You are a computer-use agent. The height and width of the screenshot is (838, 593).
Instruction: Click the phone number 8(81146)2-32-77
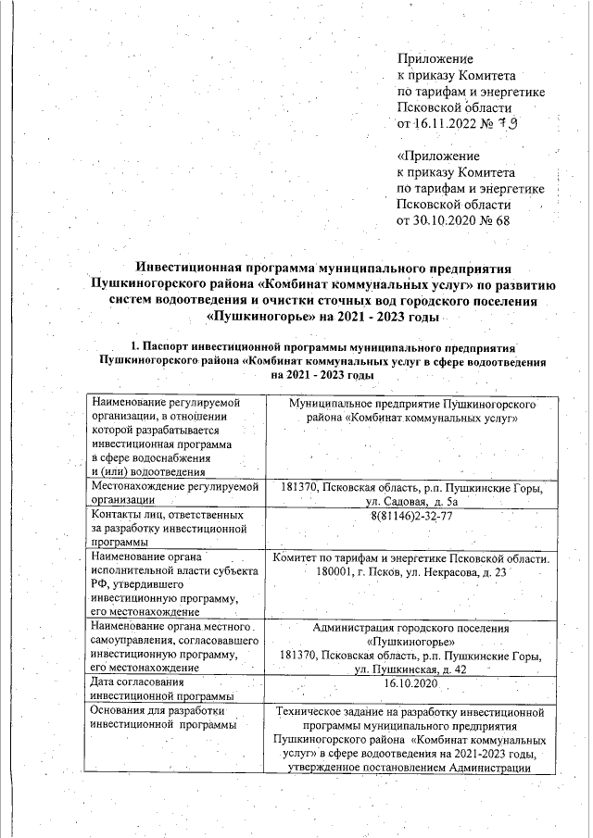pos(409,516)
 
